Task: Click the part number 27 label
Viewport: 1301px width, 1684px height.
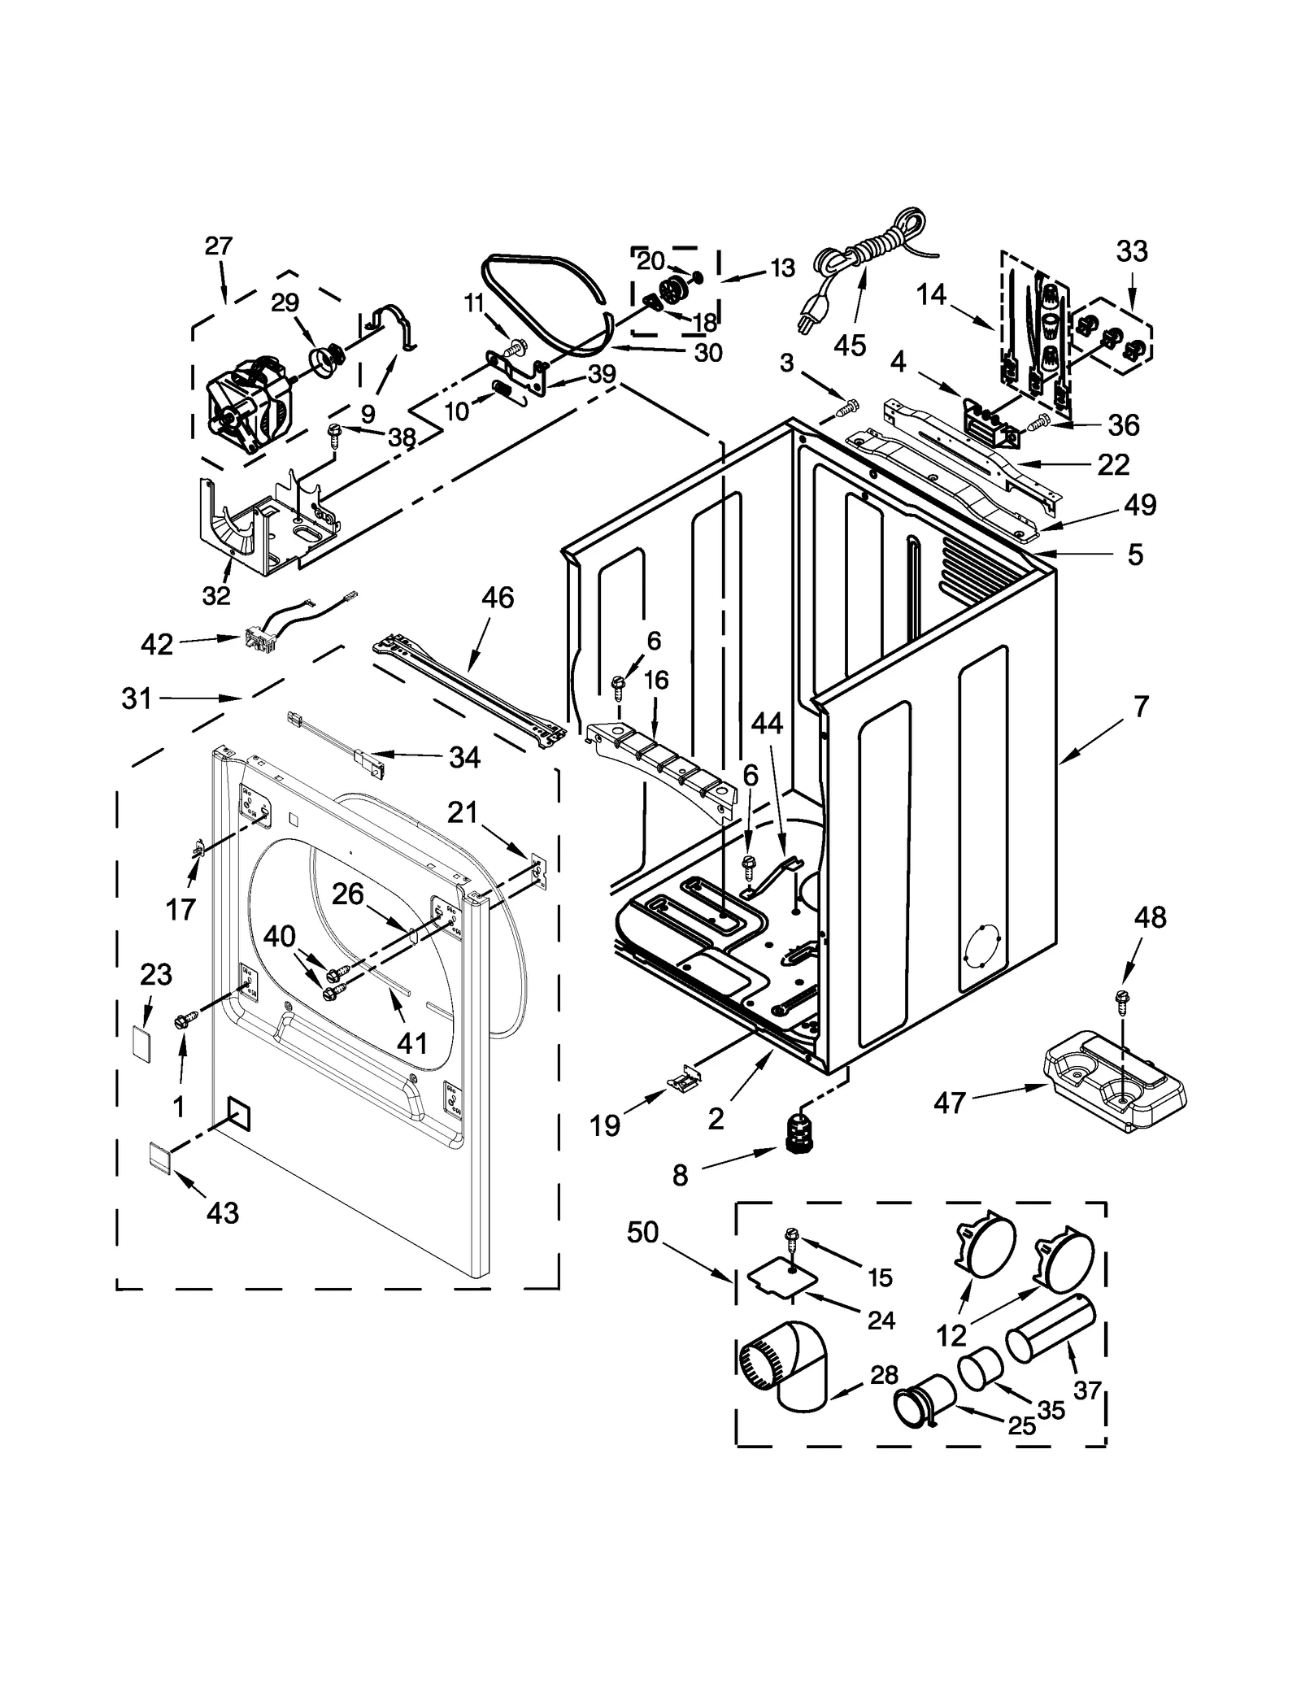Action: tap(219, 246)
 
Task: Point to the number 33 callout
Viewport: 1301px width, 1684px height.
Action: tap(1132, 251)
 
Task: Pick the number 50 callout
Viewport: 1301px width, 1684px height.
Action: tap(642, 1232)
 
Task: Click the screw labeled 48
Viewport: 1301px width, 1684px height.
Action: tap(1123, 999)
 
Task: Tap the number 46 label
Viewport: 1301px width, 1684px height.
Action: tap(498, 598)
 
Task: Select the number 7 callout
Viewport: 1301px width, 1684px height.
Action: tap(1141, 707)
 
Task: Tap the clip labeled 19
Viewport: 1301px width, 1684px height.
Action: tap(683, 1079)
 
